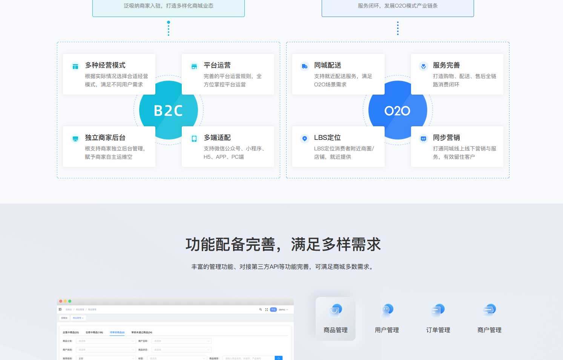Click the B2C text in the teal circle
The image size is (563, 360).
click(x=168, y=110)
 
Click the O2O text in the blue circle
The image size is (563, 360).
click(x=397, y=111)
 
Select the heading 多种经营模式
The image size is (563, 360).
click(x=105, y=65)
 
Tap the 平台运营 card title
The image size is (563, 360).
click(x=217, y=65)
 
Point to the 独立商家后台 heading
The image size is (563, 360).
click(x=105, y=138)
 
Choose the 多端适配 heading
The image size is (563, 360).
click(x=217, y=138)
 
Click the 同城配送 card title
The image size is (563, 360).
click(x=328, y=65)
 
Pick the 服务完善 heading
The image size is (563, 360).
click(x=446, y=65)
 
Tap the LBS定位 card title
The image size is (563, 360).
click(x=327, y=138)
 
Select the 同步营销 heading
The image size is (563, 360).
click(x=446, y=138)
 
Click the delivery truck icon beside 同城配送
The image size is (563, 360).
click(x=305, y=67)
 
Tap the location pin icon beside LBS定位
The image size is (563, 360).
click(x=305, y=139)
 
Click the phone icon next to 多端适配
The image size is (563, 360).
click(x=194, y=139)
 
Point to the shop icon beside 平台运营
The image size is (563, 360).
click(x=194, y=67)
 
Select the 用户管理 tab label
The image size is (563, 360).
click(x=387, y=330)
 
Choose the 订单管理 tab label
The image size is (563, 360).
click(x=438, y=330)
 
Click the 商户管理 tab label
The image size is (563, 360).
click(x=489, y=330)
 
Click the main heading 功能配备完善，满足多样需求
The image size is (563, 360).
click(x=283, y=244)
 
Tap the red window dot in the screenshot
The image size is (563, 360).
click(x=61, y=301)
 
